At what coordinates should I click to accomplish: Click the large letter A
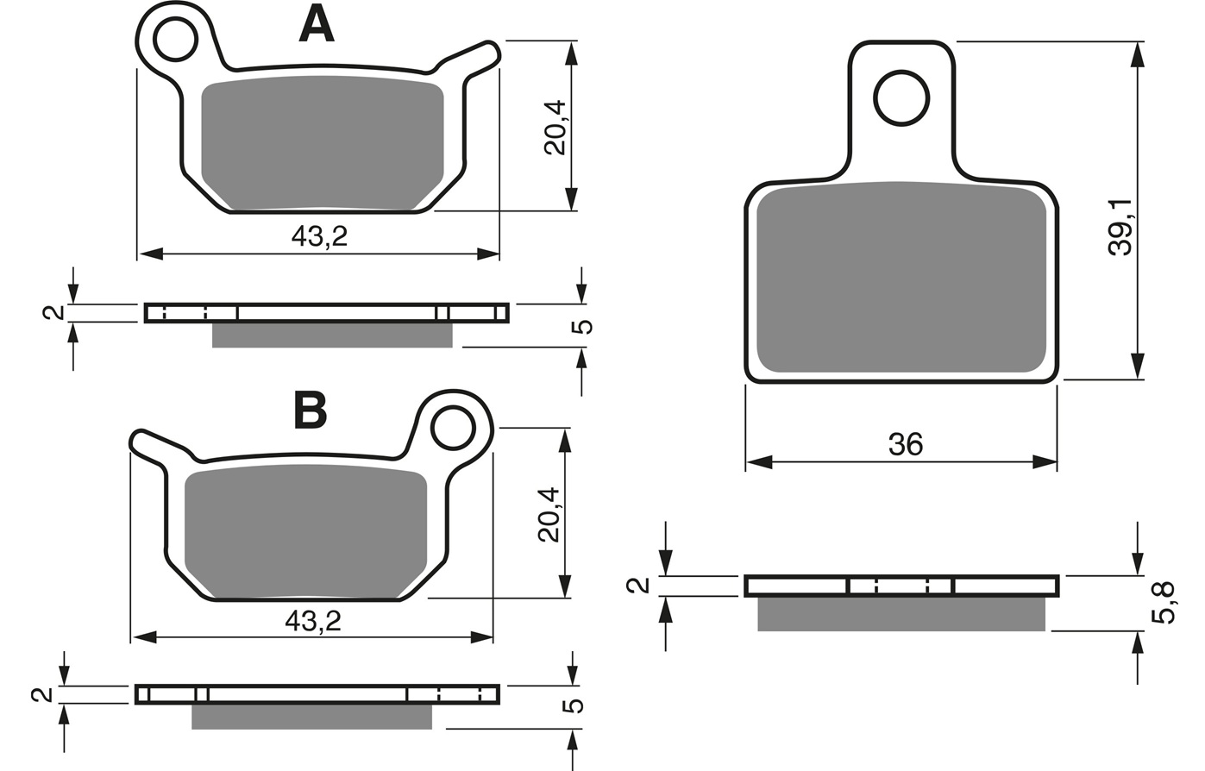coord(317,25)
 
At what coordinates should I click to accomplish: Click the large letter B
coord(311,411)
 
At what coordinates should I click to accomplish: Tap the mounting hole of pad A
coord(175,39)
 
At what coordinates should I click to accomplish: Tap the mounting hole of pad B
coord(454,429)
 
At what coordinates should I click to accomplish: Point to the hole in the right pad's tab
coord(901,98)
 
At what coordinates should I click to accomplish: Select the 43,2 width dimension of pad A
coord(319,236)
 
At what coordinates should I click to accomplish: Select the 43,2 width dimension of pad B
coord(313,622)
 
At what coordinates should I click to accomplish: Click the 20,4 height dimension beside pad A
coord(555,128)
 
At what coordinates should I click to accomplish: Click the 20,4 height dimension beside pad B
coord(549,515)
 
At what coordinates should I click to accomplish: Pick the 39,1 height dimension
coord(1121,227)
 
